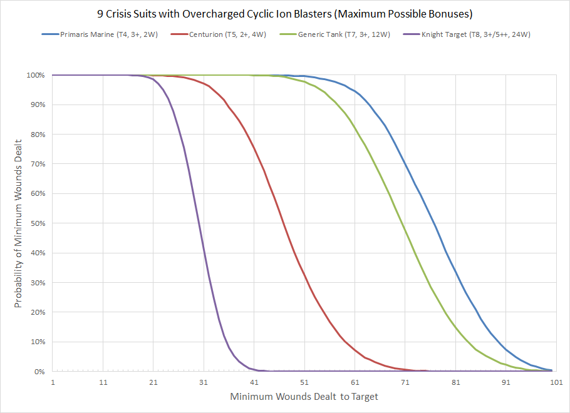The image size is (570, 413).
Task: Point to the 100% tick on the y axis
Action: point(35,75)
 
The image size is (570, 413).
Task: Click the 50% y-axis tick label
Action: point(37,223)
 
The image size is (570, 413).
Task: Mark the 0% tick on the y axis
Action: point(39,372)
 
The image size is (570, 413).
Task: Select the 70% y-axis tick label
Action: point(37,164)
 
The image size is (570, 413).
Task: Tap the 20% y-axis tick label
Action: point(37,312)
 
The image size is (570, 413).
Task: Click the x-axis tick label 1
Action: point(53,381)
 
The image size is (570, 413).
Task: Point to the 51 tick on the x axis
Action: point(304,381)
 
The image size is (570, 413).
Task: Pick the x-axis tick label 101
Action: point(555,381)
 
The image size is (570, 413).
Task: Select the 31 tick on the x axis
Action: point(204,381)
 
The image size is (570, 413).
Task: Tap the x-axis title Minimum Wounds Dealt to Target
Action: point(304,396)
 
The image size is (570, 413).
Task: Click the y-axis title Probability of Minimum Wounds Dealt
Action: point(18,223)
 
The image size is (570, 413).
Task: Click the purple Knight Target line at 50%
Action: point(197,223)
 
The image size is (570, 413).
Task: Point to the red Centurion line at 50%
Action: point(283,223)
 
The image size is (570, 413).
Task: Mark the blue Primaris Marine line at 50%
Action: point(430,223)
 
